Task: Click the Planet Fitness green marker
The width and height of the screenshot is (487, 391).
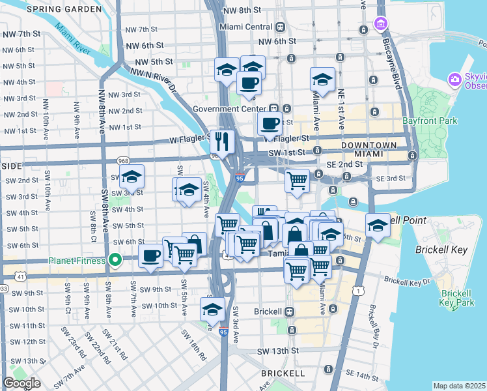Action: coord(116,261)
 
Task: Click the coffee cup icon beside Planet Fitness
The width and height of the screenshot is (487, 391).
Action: coord(151,255)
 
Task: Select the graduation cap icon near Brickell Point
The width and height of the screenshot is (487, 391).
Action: coord(378,225)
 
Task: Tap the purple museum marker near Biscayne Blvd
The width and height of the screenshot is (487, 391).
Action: coord(380,25)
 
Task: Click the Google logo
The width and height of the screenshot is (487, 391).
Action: coord(21,383)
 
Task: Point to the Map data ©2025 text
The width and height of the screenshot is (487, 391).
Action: coord(459,386)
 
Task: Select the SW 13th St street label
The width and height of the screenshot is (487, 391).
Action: coord(278,351)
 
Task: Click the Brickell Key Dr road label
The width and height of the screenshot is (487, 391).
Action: coord(407,280)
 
